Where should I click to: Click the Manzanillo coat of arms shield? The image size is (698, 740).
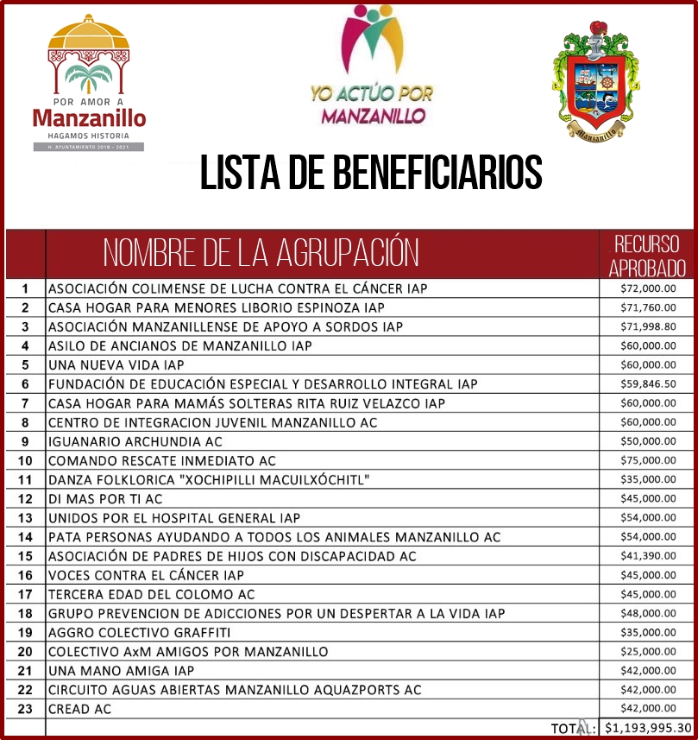coord(594,82)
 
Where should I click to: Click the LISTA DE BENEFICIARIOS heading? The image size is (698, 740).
coord(371,173)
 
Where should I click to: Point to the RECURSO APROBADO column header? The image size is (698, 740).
coord(646,255)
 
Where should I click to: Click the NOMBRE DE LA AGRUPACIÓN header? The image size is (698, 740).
coord(261,253)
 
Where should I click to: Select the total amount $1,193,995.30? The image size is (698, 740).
coord(648,728)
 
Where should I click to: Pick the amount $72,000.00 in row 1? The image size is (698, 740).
coord(648,288)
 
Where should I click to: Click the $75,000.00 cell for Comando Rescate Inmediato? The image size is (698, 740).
coord(648,460)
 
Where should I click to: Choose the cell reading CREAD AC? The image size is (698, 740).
coord(79,709)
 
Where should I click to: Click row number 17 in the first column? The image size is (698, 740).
coord(25,594)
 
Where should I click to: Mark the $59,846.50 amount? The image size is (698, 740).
coord(648,383)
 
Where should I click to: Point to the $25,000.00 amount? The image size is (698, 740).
coord(648,651)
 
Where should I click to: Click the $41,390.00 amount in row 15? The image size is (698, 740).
coord(648,556)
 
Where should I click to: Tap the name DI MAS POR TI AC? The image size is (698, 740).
coord(104,498)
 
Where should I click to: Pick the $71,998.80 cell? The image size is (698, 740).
coord(648,326)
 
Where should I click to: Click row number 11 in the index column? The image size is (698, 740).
coord(25,479)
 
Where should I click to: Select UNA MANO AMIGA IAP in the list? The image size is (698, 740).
coord(121,670)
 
